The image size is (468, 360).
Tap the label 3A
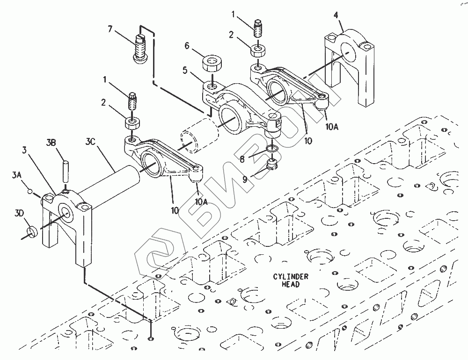[x=17, y=175]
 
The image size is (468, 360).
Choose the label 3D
[x=20, y=214]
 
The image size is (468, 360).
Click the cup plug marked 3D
[x=31, y=231]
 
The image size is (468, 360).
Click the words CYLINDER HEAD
[x=290, y=280]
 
